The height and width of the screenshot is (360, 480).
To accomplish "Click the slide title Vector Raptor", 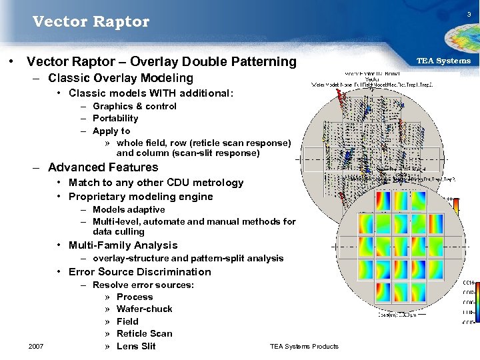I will (x=91, y=22).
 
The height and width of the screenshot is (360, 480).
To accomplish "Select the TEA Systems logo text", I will (x=443, y=61).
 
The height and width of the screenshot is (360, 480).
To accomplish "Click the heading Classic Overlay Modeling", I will (x=121, y=78).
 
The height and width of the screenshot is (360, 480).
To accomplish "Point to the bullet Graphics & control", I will (x=135, y=106).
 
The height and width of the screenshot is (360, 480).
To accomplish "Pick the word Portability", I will (x=115, y=118).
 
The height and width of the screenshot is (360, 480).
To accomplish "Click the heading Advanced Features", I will (x=103, y=167).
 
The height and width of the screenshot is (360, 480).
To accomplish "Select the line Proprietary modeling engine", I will (x=141, y=197).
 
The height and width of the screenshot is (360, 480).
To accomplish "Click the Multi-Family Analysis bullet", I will (x=123, y=245).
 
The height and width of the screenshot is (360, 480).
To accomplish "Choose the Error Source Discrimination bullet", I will (x=139, y=272).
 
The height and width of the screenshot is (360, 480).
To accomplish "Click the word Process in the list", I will (x=135, y=297).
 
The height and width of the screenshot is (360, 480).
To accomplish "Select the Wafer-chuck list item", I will (x=144, y=309).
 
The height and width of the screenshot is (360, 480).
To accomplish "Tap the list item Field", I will (x=127, y=321).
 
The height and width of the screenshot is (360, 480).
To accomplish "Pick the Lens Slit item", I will (x=136, y=346).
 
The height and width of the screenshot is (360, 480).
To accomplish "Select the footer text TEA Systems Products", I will (x=304, y=346).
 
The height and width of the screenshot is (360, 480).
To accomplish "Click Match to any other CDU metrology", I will (x=156, y=183).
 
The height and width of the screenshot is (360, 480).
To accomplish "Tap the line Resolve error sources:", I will (x=143, y=285).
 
